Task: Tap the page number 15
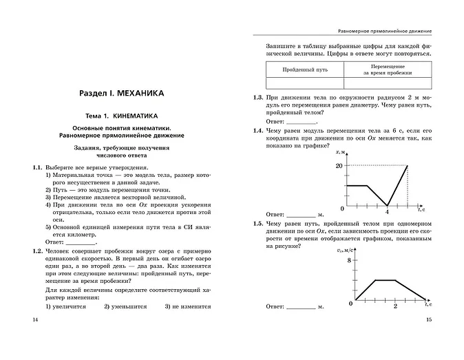[x=428, y=321]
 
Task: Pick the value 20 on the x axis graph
[x=339, y=166]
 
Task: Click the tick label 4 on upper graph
[x=388, y=211]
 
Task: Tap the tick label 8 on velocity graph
[x=349, y=260]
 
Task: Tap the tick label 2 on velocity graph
[x=395, y=306]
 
